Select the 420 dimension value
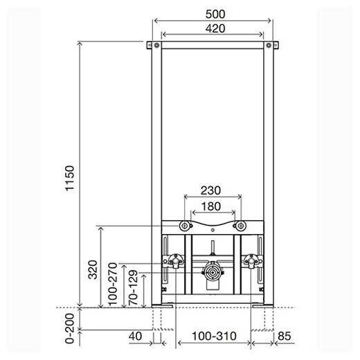tap(213, 28)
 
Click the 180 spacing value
tap(212, 206)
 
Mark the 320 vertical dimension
tap(93, 267)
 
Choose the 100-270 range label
tap(112, 284)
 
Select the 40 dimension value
tap(136, 336)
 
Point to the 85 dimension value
tap(283, 336)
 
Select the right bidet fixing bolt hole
tap(240, 226)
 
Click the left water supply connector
tap(173, 262)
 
